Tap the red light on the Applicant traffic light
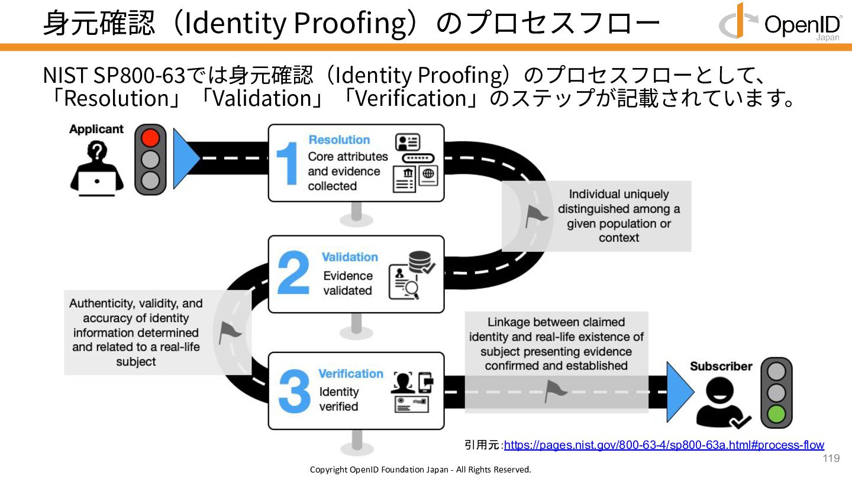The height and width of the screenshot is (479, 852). click(x=150, y=138)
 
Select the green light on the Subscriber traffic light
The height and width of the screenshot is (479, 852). click(x=776, y=414)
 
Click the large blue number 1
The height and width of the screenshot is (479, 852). click(x=288, y=163)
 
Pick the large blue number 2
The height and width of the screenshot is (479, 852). click(x=293, y=274)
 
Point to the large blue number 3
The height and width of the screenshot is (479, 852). click(x=293, y=391)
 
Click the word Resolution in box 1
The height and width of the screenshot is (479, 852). click(x=339, y=140)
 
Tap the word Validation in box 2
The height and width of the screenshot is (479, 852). click(x=350, y=257)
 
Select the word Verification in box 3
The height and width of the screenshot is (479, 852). click(x=351, y=374)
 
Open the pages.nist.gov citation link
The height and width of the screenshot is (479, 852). click(x=664, y=445)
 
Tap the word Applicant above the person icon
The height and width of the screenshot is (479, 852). click(x=96, y=129)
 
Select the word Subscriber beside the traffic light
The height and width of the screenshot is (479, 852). click(x=721, y=367)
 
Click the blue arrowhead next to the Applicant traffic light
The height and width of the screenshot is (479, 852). click(x=185, y=158)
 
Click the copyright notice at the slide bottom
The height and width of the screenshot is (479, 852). click(x=421, y=470)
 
